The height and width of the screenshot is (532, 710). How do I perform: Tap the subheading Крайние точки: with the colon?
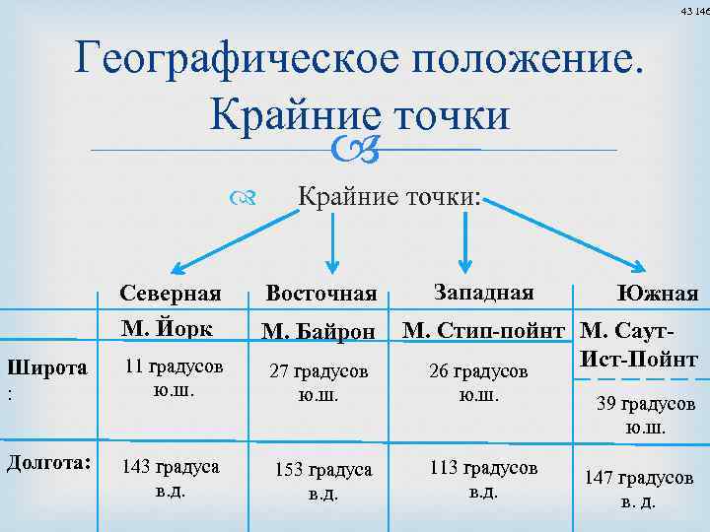[x=390, y=197]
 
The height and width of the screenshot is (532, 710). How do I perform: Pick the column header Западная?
[x=482, y=292]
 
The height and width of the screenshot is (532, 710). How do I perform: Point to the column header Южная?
[x=657, y=294]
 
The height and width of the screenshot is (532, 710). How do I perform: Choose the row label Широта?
[x=47, y=368]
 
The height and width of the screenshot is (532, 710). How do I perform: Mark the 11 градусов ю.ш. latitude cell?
[x=174, y=376]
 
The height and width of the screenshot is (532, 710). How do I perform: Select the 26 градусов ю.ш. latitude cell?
[x=478, y=383]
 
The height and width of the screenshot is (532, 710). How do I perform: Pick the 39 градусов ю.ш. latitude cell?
[x=646, y=416]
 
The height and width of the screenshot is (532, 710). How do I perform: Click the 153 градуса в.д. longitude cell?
[x=323, y=481]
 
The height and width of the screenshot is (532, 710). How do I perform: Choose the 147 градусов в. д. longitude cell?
[x=639, y=488]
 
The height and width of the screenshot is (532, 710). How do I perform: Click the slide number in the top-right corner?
[x=694, y=11]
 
